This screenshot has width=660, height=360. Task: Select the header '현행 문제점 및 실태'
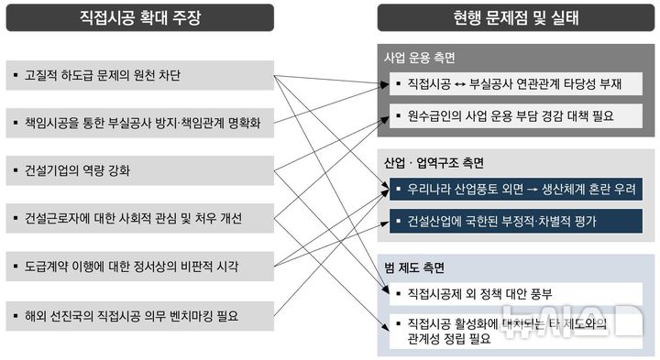[x=516, y=17]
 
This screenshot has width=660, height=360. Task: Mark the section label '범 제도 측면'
[x=414, y=267]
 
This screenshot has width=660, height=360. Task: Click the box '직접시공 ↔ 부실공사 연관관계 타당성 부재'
[x=515, y=85]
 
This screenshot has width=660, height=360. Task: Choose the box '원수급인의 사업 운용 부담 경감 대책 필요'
[x=515, y=116]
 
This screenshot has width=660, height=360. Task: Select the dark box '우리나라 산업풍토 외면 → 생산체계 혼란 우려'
[x=515, y=191]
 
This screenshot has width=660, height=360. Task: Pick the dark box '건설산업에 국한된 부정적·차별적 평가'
[x=515, y=221]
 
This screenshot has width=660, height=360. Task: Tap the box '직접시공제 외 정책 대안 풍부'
[x=515, y=295]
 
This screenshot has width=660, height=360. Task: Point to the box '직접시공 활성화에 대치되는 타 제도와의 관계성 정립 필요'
[x=515, y=331]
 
